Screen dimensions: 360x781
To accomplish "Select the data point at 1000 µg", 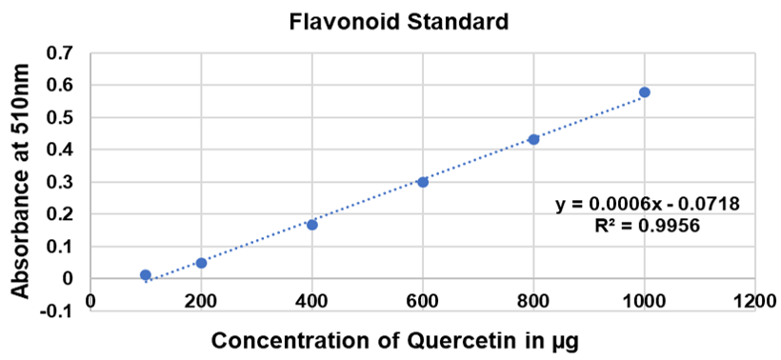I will tap(645, 92).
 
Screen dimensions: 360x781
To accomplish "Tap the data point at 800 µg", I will tap(533, 139).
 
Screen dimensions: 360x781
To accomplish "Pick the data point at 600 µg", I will tap(423, 182).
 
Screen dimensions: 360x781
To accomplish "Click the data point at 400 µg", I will tap(311, 225).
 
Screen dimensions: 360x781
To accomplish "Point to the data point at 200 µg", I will tap(201, 263).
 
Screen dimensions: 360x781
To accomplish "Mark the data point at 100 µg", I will tap(146, 275).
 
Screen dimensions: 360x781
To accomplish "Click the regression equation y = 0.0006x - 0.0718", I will tap(648, 204).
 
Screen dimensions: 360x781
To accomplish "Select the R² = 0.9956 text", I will tap(648, 227).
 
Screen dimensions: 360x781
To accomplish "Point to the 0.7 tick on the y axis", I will tap(61, 53).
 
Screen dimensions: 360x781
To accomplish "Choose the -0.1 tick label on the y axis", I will tap(58, 311).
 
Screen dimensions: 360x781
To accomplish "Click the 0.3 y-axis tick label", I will tap(61, 182).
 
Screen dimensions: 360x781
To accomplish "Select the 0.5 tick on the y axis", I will tap(61, 118).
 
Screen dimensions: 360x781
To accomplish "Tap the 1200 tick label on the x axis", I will tap(755, 301).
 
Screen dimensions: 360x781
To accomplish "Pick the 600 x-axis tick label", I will tap(423, 301).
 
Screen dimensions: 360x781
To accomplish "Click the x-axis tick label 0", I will tap(90, 301).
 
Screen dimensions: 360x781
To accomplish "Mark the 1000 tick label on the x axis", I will tap(645, 301).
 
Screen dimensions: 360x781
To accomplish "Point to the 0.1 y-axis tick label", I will tap(61, 247).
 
